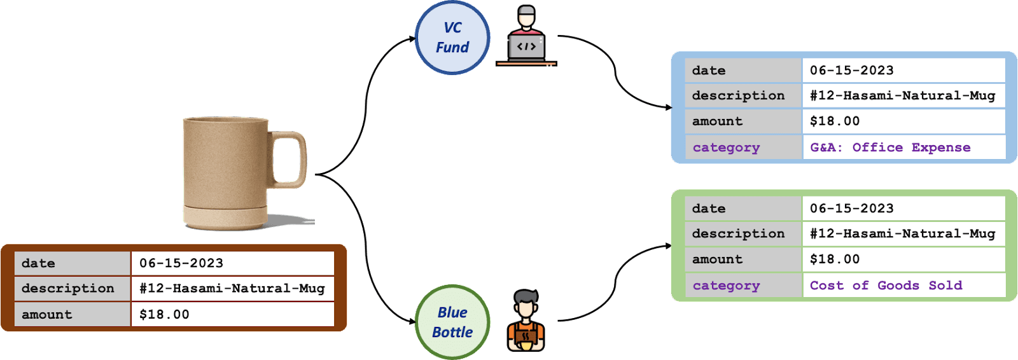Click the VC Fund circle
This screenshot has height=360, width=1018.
452,38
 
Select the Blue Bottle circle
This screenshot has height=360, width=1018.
452,322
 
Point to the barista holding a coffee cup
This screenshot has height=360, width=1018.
526,321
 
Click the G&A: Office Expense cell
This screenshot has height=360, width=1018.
904,148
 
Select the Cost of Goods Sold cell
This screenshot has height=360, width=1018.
904,286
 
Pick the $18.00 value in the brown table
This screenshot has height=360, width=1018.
164,314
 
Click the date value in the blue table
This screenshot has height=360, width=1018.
852,71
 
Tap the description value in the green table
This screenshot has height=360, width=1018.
903,233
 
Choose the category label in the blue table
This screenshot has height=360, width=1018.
726,148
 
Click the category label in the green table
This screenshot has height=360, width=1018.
726,286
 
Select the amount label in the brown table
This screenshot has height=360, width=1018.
47,315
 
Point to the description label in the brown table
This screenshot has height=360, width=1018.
67,288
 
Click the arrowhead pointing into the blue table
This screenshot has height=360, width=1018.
669,107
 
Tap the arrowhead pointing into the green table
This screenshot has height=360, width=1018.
669,246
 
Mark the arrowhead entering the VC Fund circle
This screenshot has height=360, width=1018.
412,39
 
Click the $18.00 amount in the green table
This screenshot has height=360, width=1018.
835,259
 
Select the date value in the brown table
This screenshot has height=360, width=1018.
181,263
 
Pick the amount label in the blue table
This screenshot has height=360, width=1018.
717,121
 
